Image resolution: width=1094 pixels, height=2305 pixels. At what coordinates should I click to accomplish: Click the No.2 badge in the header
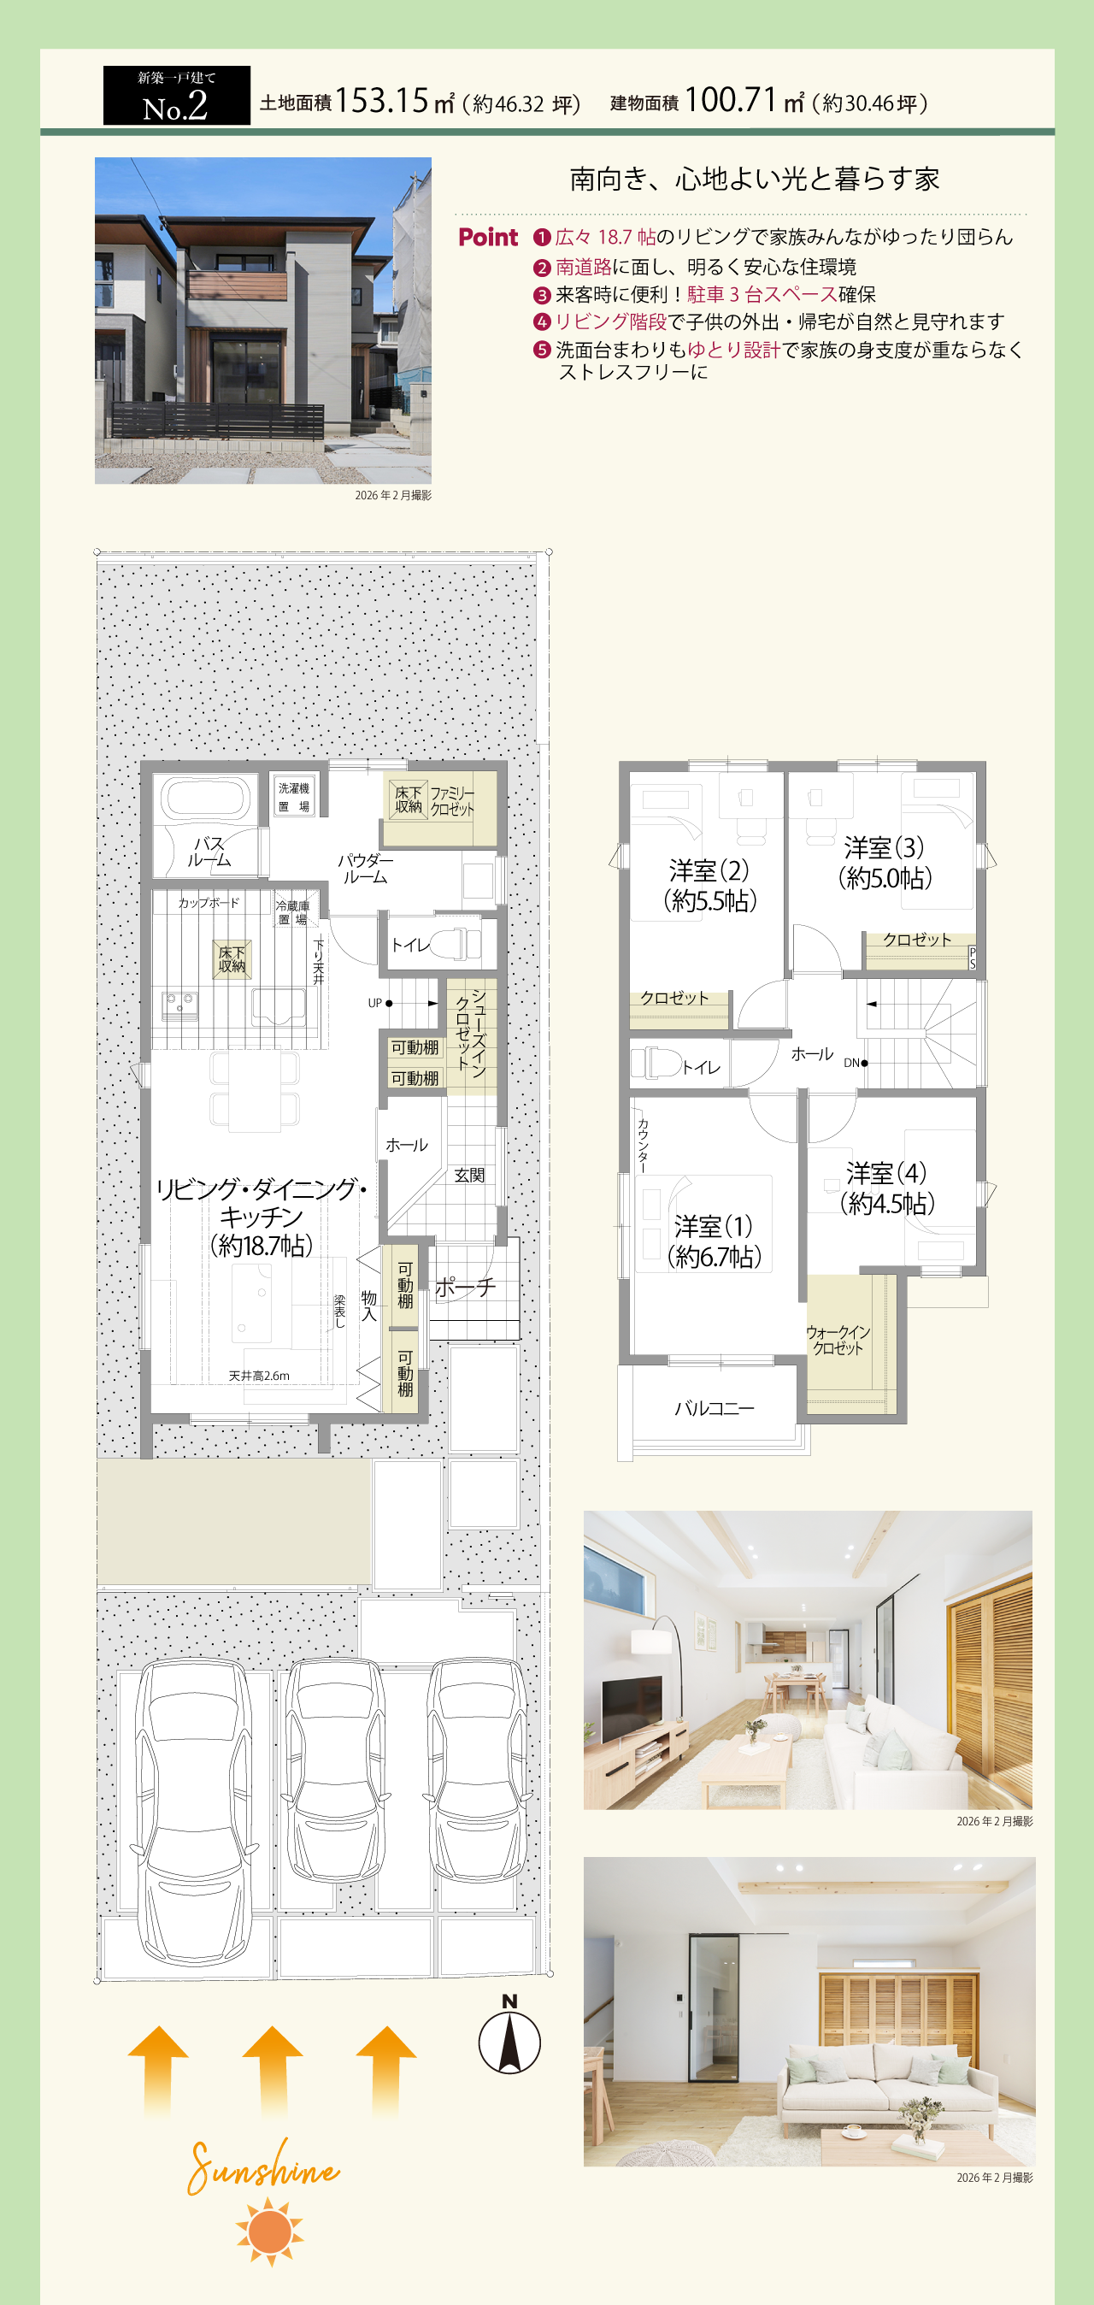[x=176, y=95]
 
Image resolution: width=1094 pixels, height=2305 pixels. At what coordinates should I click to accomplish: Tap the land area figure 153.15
[x=382, y=100]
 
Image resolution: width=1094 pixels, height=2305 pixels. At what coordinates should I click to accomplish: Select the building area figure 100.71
[x=731, y=99]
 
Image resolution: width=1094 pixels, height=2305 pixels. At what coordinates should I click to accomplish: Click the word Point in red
[x=487, y=237]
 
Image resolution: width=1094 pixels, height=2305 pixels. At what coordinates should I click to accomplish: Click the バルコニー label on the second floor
[x=714, y=1408]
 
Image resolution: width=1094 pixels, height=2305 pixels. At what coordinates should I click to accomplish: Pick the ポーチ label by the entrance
[x=465, y=1287]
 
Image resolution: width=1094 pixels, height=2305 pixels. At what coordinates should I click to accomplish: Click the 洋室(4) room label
[x=886, y=1172]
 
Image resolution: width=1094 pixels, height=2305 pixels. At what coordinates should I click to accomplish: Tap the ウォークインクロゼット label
[x=838, y=1340]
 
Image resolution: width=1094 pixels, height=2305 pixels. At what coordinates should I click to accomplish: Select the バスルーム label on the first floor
[x=209, y=852]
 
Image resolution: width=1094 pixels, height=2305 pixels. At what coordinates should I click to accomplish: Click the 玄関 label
[x=468, y=1175]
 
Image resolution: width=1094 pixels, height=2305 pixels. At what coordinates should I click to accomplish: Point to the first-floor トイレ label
[x=410, y=945]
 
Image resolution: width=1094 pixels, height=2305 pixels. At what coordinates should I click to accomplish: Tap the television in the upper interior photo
[x=632, y=1707]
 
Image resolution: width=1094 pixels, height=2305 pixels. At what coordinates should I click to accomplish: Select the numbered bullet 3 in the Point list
[x=542, y=295]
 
